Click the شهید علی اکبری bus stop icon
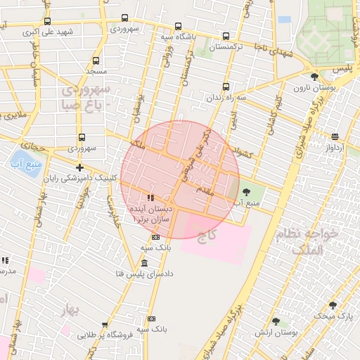48,22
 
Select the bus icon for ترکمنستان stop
225,37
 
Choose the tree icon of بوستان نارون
314,77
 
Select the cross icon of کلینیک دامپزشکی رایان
80,167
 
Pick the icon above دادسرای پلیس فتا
145,263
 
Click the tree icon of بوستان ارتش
276,321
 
